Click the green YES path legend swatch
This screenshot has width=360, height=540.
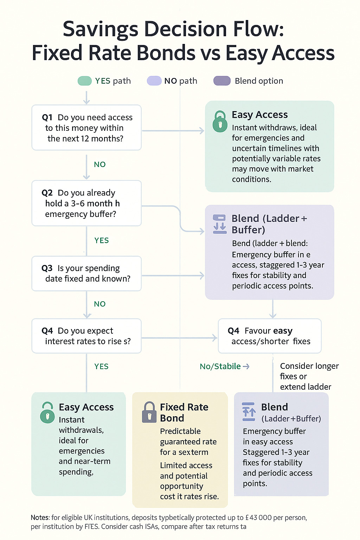(84, 81)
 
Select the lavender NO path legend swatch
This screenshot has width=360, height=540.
(154, 81)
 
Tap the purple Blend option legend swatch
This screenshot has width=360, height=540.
(222, 81)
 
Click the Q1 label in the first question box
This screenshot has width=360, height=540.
(47, 117)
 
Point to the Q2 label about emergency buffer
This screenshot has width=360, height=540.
(47, 193)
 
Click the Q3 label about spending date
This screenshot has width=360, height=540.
(47, 268)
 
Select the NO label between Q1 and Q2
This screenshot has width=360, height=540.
(100, 165)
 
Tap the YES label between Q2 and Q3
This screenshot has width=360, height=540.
(101, 240)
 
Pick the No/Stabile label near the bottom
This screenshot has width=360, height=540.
(220, 366)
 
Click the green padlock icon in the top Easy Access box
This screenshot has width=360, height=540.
(220, 121)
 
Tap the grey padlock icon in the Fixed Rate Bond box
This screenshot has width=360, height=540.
(149, 412)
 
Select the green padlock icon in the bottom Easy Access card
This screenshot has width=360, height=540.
(47, 413)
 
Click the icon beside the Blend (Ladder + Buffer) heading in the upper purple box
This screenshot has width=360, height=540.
(220, 224)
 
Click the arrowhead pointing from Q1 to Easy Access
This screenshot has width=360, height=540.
(201, 131)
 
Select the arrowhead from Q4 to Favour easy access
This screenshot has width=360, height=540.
(214, 338)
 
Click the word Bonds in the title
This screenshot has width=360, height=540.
(166, 53)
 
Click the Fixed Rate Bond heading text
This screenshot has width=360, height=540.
(184, 412)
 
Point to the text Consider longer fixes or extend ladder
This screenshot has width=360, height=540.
(309, 377)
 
